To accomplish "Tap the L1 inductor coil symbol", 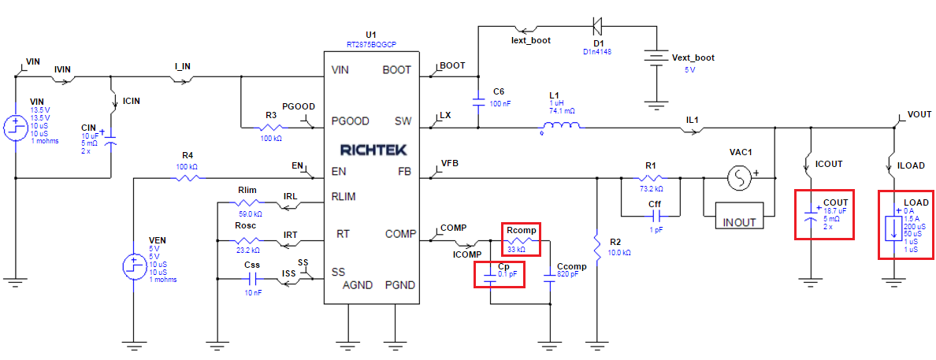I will pyautogui.click(x=560, y=126).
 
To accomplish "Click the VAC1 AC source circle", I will pyautogui.click(x=741, y=179).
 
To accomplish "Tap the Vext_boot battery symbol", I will pyautogui.click(x=654, y=60).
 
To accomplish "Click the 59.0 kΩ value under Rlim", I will pyautogui.click(x=251, y=213).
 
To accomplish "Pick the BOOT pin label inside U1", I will pyautogui.click(x=396, y=70).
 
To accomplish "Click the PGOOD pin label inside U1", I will pyautogui.click(x=351, y=121).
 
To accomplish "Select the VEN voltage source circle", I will pyautogui.click(x=134, y=266).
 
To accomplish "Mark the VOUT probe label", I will pyautogui.click(x=919, y=114).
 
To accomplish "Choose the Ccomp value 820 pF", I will pyautogui.click(x=572, y=276).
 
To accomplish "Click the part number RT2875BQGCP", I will pyautogui.click(x=370, y=45).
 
